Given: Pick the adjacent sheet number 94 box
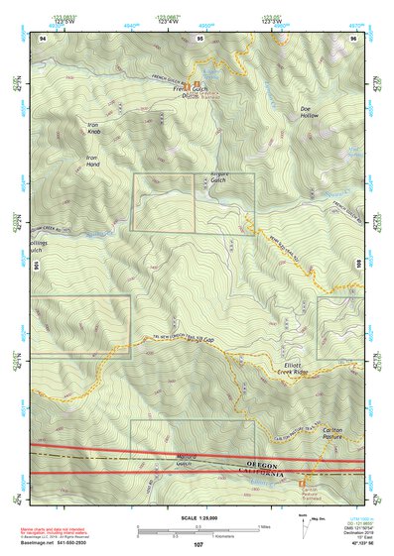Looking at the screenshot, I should [42, 38].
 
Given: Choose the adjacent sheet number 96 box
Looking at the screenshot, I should [352, 38].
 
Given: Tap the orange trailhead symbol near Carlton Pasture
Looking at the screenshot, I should [302, 483].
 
